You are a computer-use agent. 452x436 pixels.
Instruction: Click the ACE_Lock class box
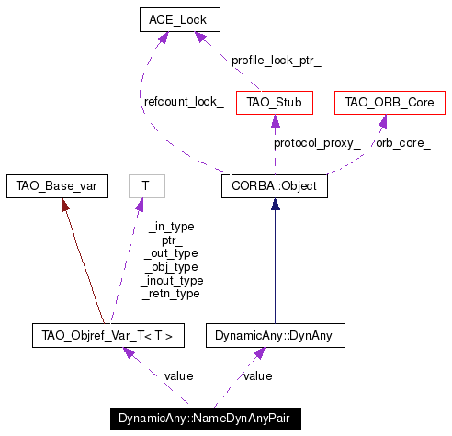click(180, 19)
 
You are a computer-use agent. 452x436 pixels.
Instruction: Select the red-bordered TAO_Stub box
click(275, 103)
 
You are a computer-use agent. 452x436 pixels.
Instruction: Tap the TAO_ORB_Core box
click(390, 103)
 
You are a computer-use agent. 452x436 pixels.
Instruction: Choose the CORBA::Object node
click(275, 186)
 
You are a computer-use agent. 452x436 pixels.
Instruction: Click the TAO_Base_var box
click(57, 186)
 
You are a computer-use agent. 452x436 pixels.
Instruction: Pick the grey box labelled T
click(147, 186)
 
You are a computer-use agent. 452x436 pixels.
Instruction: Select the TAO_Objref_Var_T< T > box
click(108, 335)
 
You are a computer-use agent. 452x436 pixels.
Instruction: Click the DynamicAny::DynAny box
click(276, 335)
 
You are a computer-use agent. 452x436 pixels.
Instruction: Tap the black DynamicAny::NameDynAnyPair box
click(206, 419)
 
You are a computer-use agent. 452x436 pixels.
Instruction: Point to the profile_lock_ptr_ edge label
click(277, 61)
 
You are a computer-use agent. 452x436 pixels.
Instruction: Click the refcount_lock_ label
click(184, 102)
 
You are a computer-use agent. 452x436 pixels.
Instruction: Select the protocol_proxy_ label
click(317, 143)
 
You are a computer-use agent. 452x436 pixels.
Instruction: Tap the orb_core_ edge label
click(403, 143)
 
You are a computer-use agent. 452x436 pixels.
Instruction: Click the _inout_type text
click(172, 280)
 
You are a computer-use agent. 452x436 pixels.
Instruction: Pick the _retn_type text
click(171, 294)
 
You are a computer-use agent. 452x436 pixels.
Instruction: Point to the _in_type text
click(172, 227)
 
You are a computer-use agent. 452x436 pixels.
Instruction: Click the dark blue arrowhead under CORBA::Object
click(275, 204)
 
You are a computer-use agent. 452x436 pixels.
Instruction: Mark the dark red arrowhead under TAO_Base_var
click(64, 205)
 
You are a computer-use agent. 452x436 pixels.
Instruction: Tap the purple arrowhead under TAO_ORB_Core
click(383, 121)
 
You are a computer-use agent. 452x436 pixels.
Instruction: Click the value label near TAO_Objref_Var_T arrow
click(178, 376)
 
